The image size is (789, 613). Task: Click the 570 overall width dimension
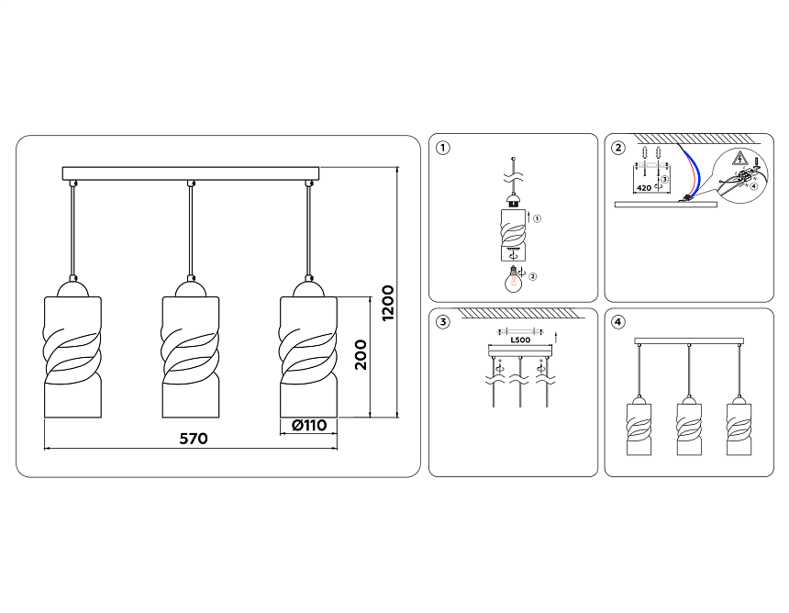(x=194, y=439)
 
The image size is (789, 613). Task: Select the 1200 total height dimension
(x=388, y=303)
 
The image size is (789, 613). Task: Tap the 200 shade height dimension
(x=361, y=355)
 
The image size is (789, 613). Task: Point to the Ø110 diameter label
(x=309, y=425)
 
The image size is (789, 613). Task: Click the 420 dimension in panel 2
(x=644, y=188)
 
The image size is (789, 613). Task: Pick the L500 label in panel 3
(x=520, y=340)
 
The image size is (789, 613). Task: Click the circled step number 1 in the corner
(x=442, y=148)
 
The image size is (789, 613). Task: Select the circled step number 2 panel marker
(x=618, y=148)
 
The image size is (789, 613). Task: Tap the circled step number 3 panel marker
(x=442, y=322)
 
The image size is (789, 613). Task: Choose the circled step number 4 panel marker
(x=618, y=322)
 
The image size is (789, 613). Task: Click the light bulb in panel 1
(x=514, y=279)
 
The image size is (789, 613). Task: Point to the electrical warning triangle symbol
(x=739, y=159)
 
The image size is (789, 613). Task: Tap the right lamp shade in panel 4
(x=739, y=427)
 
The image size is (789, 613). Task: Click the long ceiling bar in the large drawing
(x=191, y=173)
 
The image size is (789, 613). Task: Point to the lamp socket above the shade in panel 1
(x=513, y=200)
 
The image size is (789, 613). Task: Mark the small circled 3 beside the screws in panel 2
(x=665, y=179)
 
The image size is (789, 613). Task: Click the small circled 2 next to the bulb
(x=533, y=276)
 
